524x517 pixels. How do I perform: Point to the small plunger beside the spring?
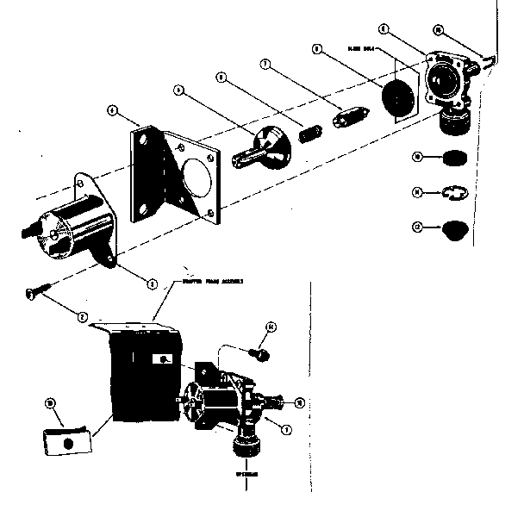[x=350, y=115]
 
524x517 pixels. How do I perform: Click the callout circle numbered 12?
[x=417, y=227]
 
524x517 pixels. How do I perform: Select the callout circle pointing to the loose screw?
[x=82, y=318]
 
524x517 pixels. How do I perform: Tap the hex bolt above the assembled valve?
[x=257, y=352]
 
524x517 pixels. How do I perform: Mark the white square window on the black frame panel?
[x=163, y=358]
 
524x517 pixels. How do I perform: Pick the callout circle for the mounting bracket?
[x=112, y=111]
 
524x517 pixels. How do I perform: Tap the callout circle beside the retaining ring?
[x=417, y=193]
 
